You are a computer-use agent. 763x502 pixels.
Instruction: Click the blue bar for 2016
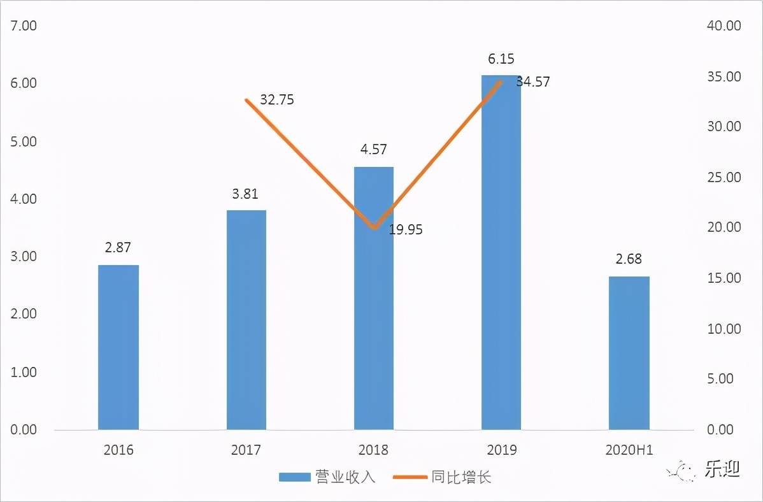(118, 347)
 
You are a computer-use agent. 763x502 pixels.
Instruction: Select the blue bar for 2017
(246, 320)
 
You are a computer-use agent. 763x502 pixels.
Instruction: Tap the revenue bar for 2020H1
(629, 353)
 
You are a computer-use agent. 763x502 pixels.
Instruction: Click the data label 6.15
(501, 59)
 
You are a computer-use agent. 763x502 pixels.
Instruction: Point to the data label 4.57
(374, 149)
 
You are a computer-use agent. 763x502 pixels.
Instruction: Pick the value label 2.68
(629, 259)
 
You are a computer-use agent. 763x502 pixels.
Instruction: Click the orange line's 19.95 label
(406, 229)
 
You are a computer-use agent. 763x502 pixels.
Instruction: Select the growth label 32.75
(277, 99)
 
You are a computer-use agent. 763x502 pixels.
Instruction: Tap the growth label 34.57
(533, 82)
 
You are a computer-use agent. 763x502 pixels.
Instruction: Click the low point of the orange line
(374, 227)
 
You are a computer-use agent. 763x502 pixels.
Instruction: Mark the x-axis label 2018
(373, 449)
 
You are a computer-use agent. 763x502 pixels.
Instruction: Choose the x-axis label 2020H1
(629, 449)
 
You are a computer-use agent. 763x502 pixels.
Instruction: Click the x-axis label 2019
(502, 449)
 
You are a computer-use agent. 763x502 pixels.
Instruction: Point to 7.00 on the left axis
(24, 25)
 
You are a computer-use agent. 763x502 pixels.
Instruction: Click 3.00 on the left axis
(24, 256)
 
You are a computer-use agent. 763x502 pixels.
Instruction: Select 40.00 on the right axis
(724, 25)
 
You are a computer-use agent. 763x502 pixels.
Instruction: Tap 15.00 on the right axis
(724, 278)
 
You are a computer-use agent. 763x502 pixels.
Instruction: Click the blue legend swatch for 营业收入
(294, 477)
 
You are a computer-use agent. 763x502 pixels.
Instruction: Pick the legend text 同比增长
(461, 477)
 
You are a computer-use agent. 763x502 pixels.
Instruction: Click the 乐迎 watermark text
(722, 469)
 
